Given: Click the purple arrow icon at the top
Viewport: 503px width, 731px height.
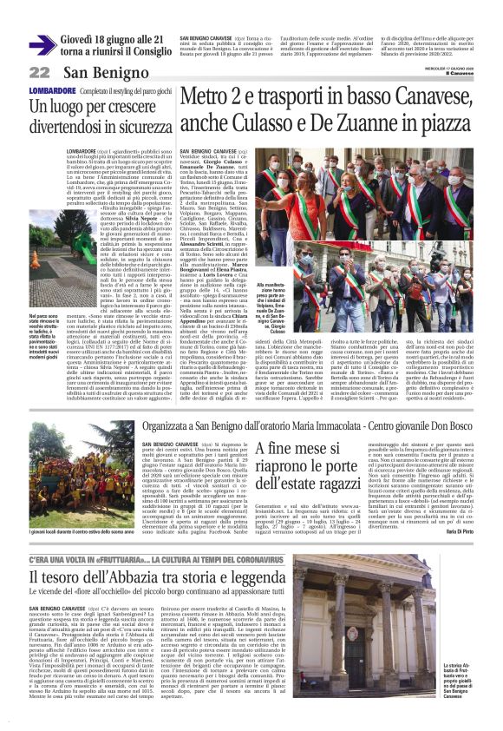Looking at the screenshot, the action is coord(41,44).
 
